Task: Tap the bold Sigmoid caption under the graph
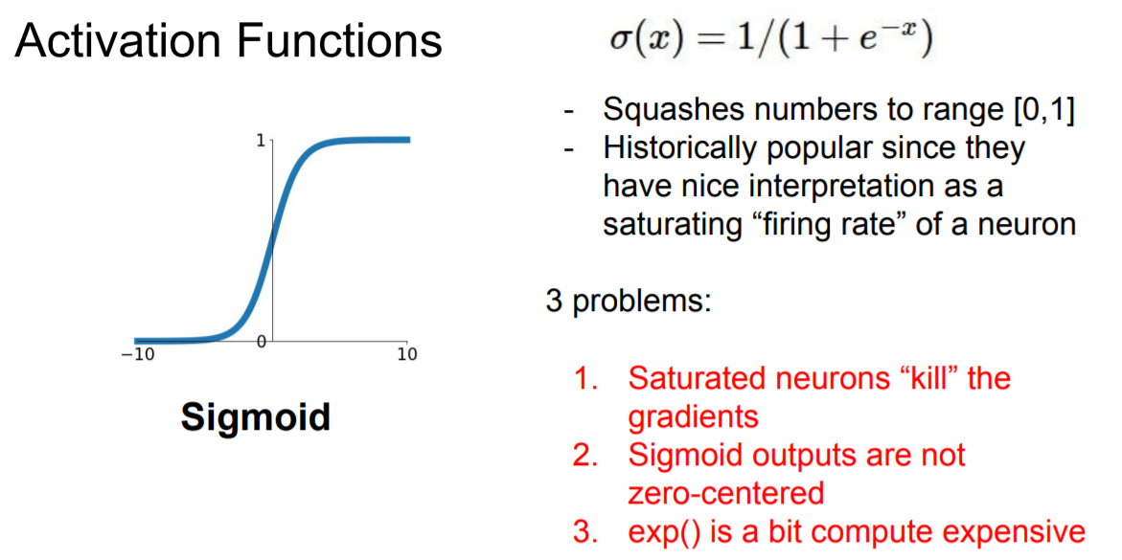256,417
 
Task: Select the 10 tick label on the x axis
407,355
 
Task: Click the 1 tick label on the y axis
260,141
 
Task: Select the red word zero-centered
725,493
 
